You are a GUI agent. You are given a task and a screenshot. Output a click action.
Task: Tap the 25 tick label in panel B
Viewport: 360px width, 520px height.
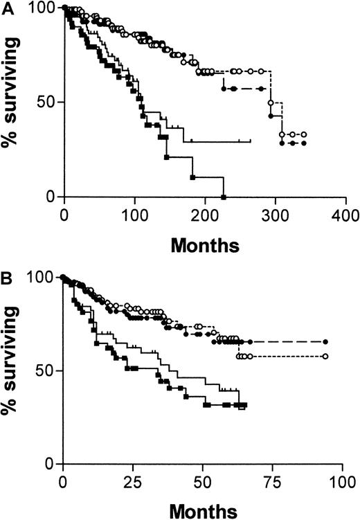(133, 481)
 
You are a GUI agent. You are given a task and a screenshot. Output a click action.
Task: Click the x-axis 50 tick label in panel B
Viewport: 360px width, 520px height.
(202, 481)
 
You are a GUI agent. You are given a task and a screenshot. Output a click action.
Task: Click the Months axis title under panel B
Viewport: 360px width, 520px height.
(201, 510)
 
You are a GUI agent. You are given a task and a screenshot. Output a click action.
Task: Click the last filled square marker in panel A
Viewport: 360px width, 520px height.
(223, 197)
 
